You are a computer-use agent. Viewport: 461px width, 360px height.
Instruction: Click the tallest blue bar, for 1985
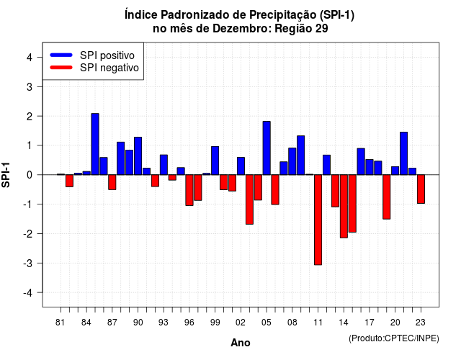coord(95,144)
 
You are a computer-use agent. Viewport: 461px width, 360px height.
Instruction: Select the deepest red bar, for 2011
coord(318,220)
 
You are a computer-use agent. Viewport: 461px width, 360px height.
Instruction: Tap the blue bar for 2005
coord(267,148)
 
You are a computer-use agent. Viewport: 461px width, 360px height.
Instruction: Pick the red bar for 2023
coord(421,189)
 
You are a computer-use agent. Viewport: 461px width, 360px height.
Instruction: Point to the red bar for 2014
coord(344,206)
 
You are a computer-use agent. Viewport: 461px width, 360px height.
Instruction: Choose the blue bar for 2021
coord(403,153)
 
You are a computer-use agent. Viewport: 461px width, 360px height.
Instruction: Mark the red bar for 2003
coord(249,199)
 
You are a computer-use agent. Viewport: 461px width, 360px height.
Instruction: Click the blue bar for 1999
coord(215,161)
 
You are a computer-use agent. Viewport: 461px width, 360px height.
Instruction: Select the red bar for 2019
coord(387,197)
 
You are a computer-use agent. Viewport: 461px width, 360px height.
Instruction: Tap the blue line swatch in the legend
coord(61,55)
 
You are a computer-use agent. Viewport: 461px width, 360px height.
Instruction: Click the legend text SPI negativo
coord(109,68)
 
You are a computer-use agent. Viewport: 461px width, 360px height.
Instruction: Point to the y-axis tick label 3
coord(30,86)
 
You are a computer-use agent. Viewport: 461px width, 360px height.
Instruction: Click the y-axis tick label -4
coord(28,293)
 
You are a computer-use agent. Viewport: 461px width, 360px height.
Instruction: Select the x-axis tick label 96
coord(189,323)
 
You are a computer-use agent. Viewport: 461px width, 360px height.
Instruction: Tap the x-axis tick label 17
coord(370,323)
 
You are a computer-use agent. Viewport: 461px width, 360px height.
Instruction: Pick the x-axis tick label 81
coord(60,323)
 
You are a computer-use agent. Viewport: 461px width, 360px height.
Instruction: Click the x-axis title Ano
coord(241,343)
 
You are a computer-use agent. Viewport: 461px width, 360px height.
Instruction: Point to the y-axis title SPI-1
coord(6,175)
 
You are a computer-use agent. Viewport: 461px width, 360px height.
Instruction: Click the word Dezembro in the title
coord(241,29)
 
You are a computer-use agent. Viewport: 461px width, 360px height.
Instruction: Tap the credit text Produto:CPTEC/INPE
coord(394,338)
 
